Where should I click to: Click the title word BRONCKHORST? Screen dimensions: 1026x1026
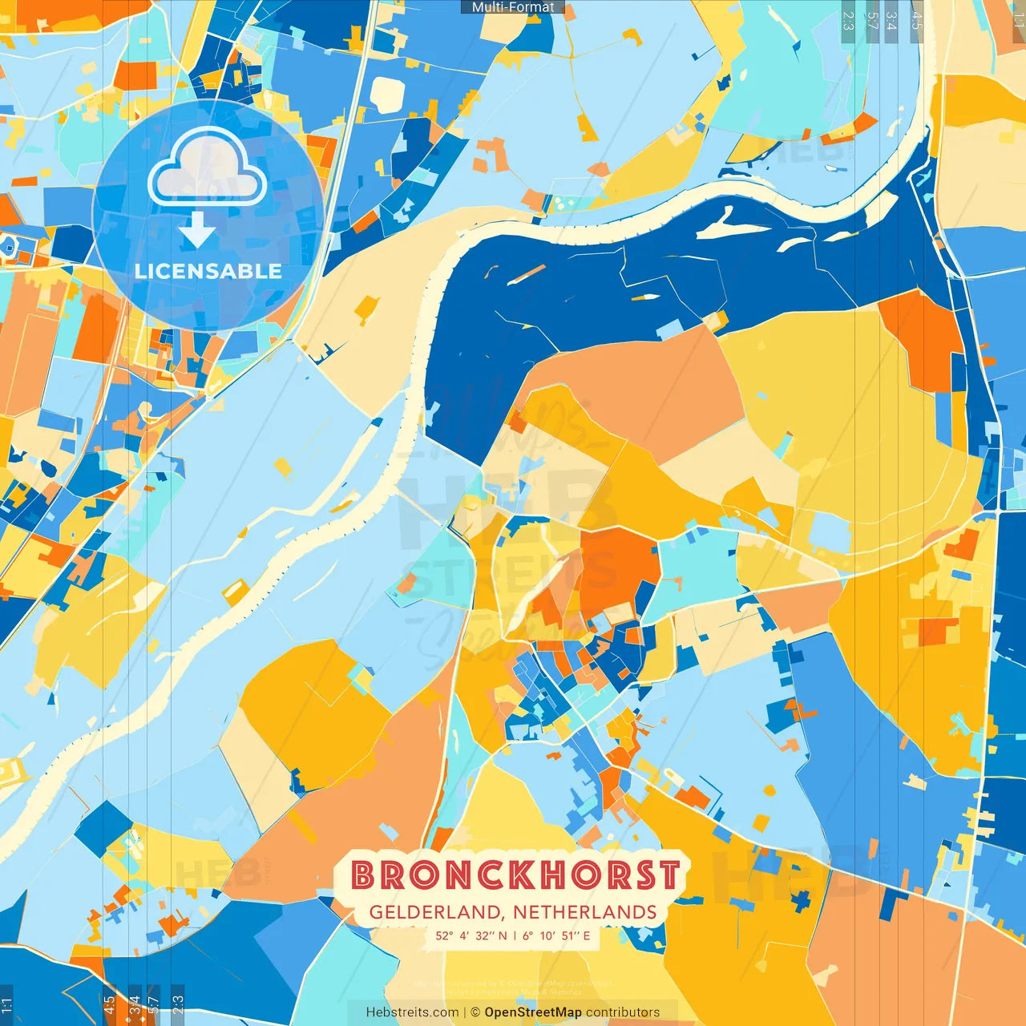pos(515,875)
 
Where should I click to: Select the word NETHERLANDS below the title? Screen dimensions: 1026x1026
pos(585,912)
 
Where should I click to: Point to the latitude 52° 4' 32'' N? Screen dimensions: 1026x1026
pos(471,935)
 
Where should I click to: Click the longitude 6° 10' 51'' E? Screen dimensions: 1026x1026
pos(556,935)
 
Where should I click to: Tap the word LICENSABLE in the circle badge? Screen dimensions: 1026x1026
pos(208,271)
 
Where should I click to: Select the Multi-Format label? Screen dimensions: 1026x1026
pos(513,7)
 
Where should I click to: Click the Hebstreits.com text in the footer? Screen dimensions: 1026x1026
pos(413,1012)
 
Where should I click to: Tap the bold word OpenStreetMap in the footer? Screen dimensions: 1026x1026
pos(533,1012)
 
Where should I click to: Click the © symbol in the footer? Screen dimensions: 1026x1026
pos(475,1012)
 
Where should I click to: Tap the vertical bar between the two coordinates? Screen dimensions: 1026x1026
pos(514,935)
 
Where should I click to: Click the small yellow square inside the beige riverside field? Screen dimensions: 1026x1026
pos(366,305)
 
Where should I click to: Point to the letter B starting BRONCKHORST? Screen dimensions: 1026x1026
pos(364,875)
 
